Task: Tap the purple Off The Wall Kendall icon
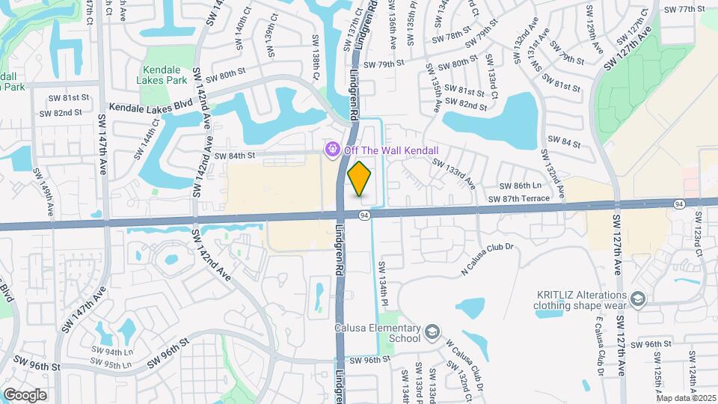pyautogui.click(x=330, y=150)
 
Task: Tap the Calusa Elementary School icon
pyautogui.click(x=432, y=331)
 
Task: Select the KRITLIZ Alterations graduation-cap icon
pyautogui.click(x=637, y=300)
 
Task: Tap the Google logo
pyautogui.click(x=25, y=394)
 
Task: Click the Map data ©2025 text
pyautogui.click(x=686, y=398)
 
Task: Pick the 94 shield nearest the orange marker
pyautogui.click(x=363, y=215)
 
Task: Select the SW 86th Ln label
pyautogui.click(x=520, y=185)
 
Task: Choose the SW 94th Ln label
pyautogui.click(x=112, y=351)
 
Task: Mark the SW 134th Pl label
pyautogui.click(x=382, y=278)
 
